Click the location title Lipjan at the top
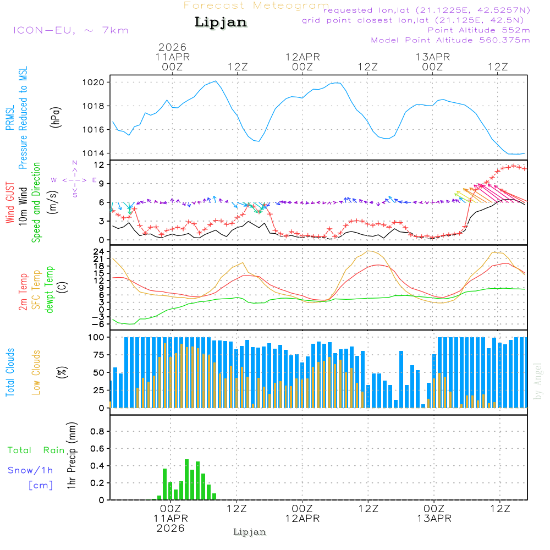point(221,23)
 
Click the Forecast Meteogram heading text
point(256,5)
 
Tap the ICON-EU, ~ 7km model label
point(70,30)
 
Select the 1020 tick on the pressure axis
point(101,82)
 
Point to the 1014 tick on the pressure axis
point(101,153)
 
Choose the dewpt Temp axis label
point(50,290)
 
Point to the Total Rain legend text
point(36,450)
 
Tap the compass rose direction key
point(75,180)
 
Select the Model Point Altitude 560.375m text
point(450,40)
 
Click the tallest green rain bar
point(187,479)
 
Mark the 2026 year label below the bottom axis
point(170,528)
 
